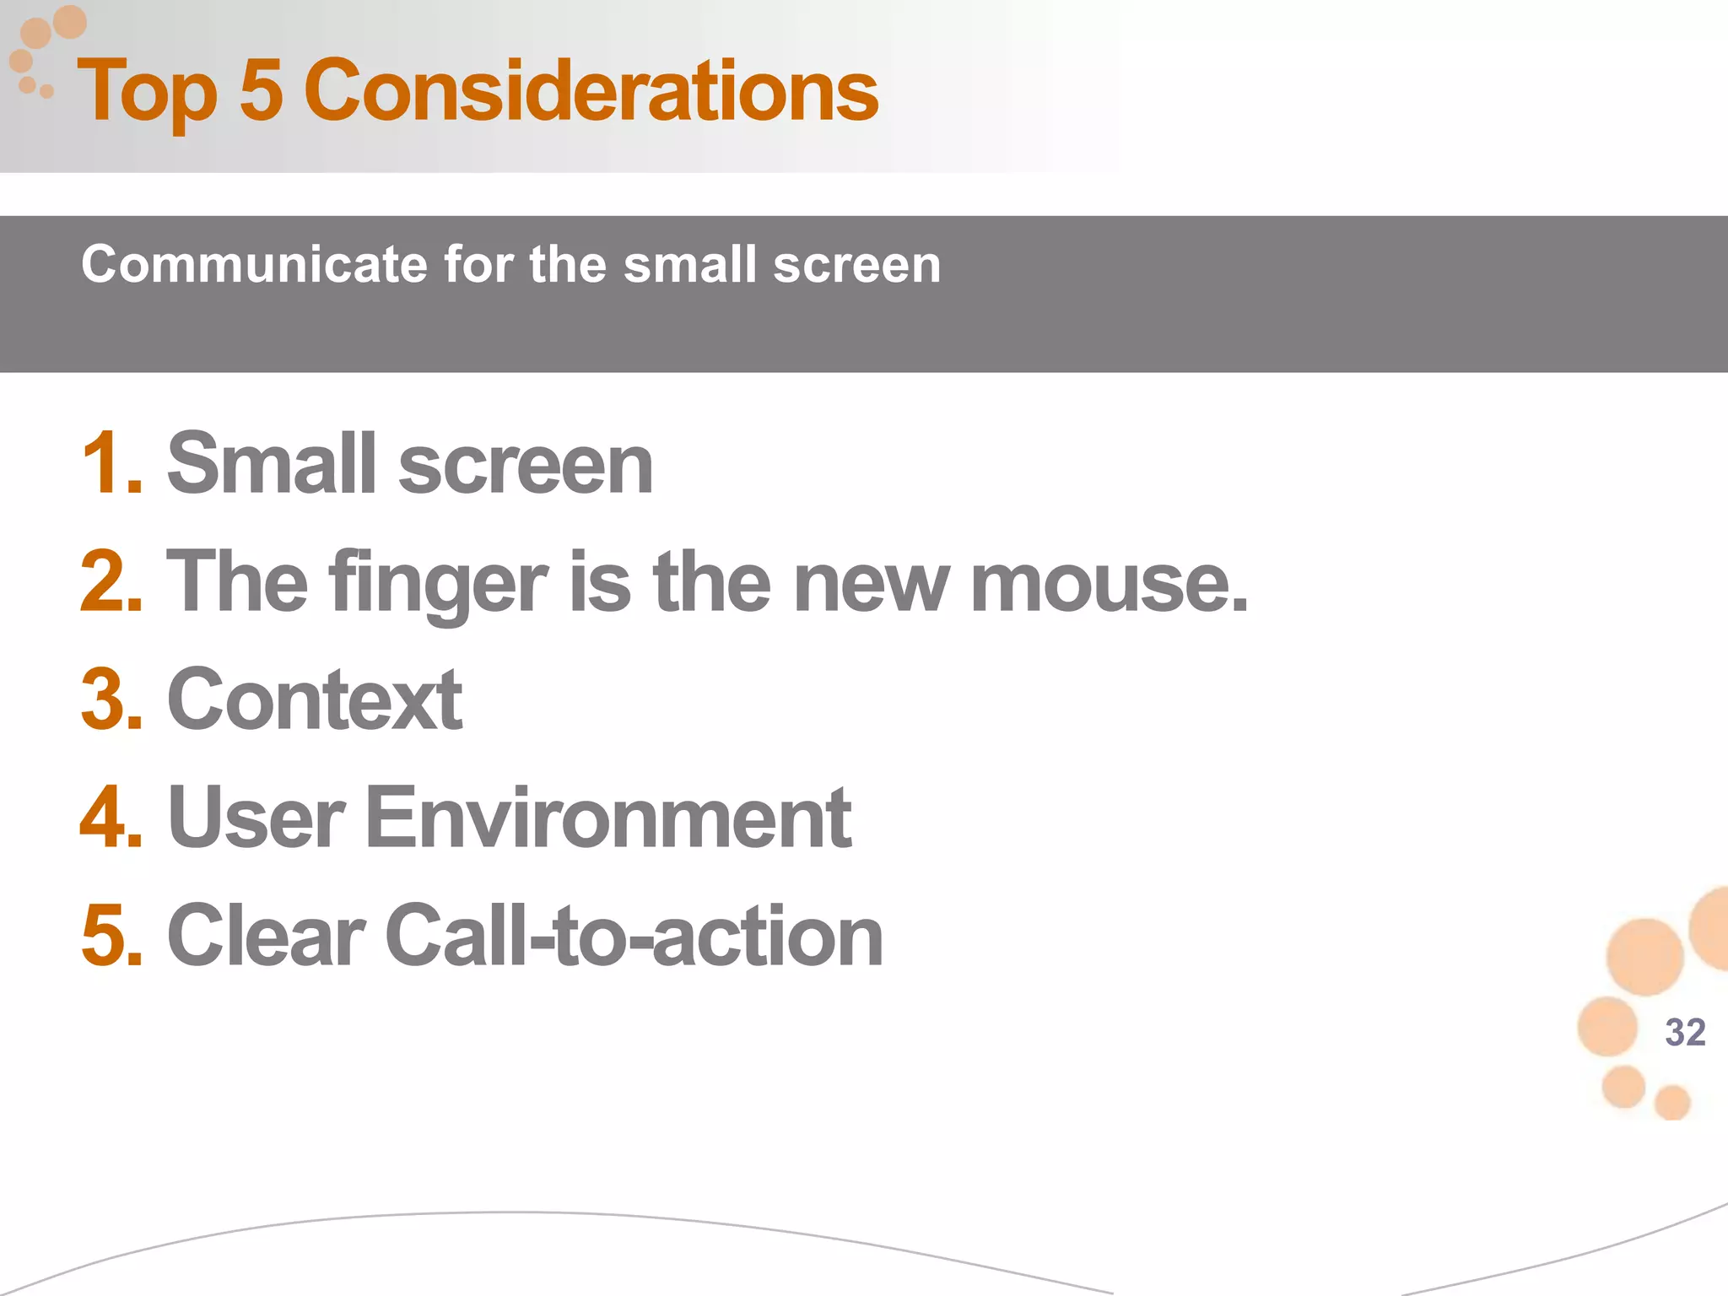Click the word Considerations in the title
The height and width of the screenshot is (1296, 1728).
(591, 91)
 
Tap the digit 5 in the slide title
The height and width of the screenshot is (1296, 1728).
(261, 91)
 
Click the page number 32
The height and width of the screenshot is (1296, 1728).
(1685, 1032)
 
